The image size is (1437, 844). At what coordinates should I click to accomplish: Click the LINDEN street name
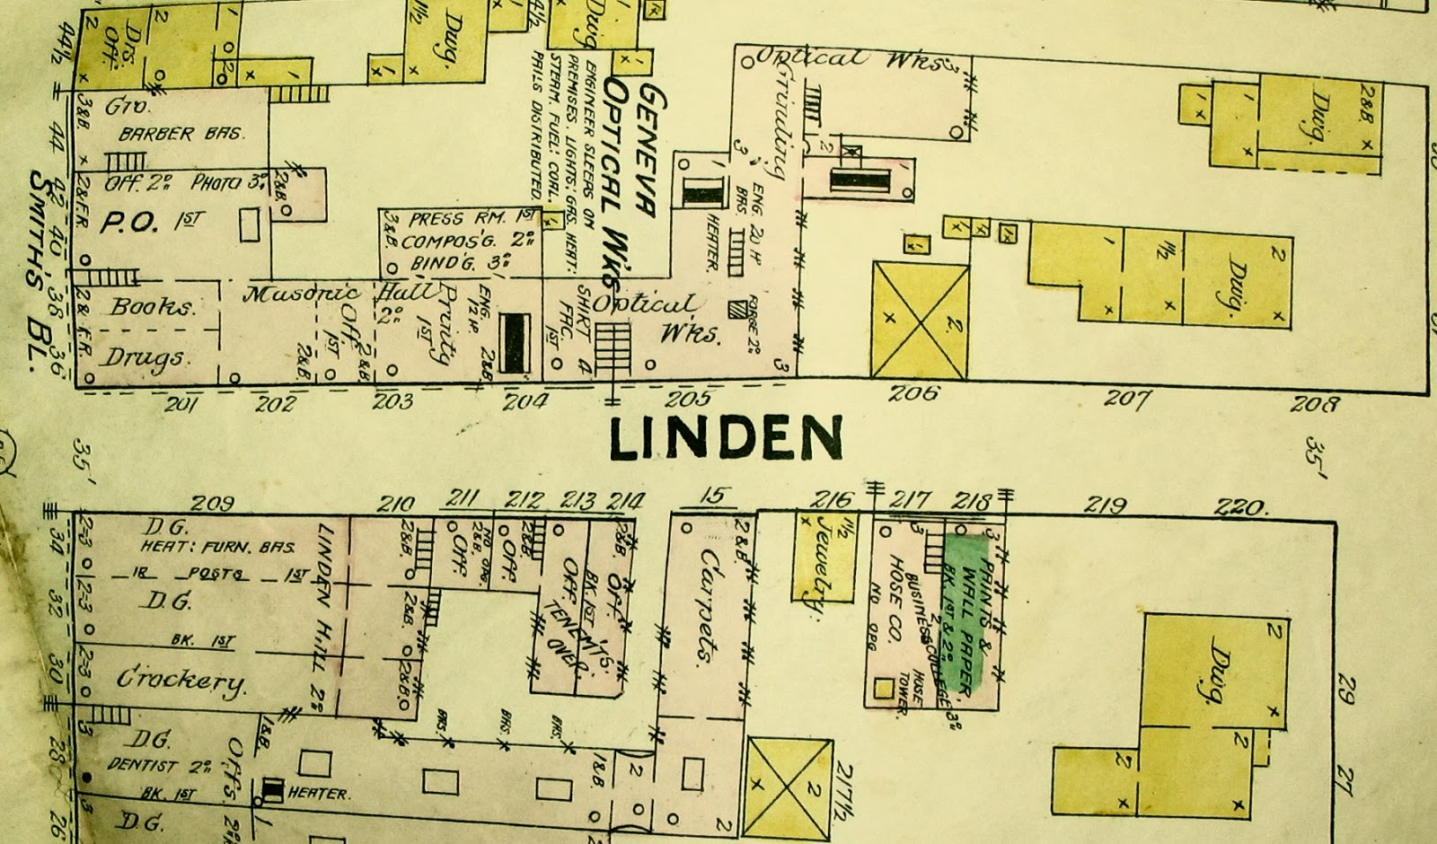[726, 439]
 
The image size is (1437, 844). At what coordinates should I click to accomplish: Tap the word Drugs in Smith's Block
[145, 357]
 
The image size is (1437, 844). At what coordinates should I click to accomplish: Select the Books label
[152, 306]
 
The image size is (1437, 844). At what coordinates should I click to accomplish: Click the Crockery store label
[180, 680]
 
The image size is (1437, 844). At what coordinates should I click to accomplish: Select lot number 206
[916, 393]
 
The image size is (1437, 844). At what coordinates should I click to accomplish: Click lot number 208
[1315, 404]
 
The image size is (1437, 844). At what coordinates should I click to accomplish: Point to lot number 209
[214, 503]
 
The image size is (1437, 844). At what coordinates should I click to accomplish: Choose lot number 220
[1241, 507]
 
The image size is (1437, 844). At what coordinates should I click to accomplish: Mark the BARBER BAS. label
[181, 134]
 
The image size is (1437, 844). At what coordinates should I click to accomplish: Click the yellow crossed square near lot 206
[921, 319]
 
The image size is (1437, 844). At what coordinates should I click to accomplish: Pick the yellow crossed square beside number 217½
[789, 786]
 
